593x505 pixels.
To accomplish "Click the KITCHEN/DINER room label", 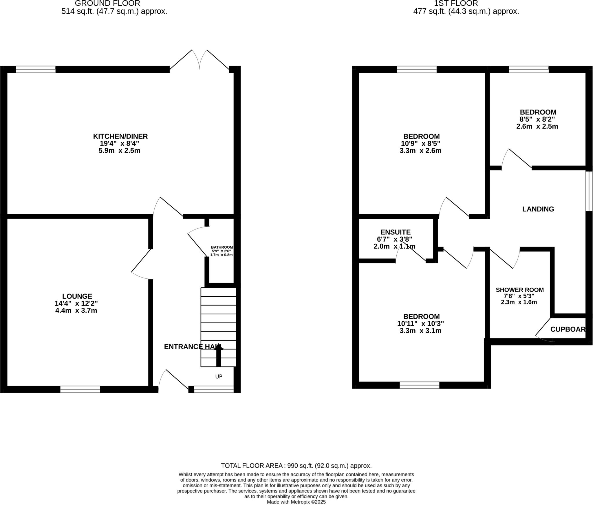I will tap(120, 136).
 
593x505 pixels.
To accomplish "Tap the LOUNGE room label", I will tap(77, 296).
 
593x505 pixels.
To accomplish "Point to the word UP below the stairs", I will tap(219, 377).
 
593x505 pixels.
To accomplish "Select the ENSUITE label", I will tap(395, 232).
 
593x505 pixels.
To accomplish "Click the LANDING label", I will tap(538, 209).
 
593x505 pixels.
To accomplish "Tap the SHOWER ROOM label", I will tap(519, 290).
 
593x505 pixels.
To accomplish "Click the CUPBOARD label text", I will tap(568, 329).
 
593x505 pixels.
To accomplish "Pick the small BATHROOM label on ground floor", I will tap(222, 247).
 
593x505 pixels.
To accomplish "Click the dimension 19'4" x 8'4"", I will tap(119, 143).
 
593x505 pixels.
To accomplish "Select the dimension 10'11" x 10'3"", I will tap(420, 324).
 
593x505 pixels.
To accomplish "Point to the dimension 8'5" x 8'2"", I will tap(537, 119).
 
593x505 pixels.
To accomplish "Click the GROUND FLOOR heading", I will tap(107, 3).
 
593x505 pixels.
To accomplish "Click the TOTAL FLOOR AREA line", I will tap(296, 466).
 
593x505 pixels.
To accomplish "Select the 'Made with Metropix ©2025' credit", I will tap(296, 502).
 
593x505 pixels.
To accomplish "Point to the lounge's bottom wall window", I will tap(80, 389).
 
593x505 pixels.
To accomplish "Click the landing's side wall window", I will tap(589, 191).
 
